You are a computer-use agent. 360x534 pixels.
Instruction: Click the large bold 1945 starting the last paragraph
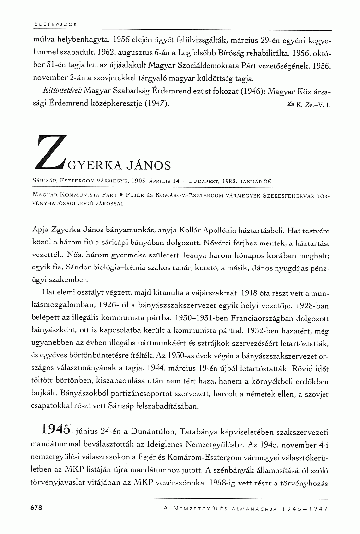(x=58, y=428)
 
